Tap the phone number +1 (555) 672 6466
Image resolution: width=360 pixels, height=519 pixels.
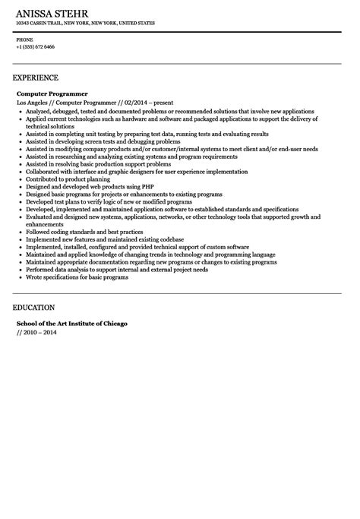[x=35, y=46]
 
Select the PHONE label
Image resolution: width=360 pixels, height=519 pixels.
[x=24, y=39]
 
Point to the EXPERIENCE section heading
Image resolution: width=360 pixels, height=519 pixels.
[x=36, y=78]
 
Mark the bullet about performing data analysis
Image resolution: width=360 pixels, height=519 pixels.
[x=106, y=270]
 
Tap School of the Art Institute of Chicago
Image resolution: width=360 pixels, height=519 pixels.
[x=72, y=323]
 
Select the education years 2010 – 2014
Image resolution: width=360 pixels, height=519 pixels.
[x=39, y=332]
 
